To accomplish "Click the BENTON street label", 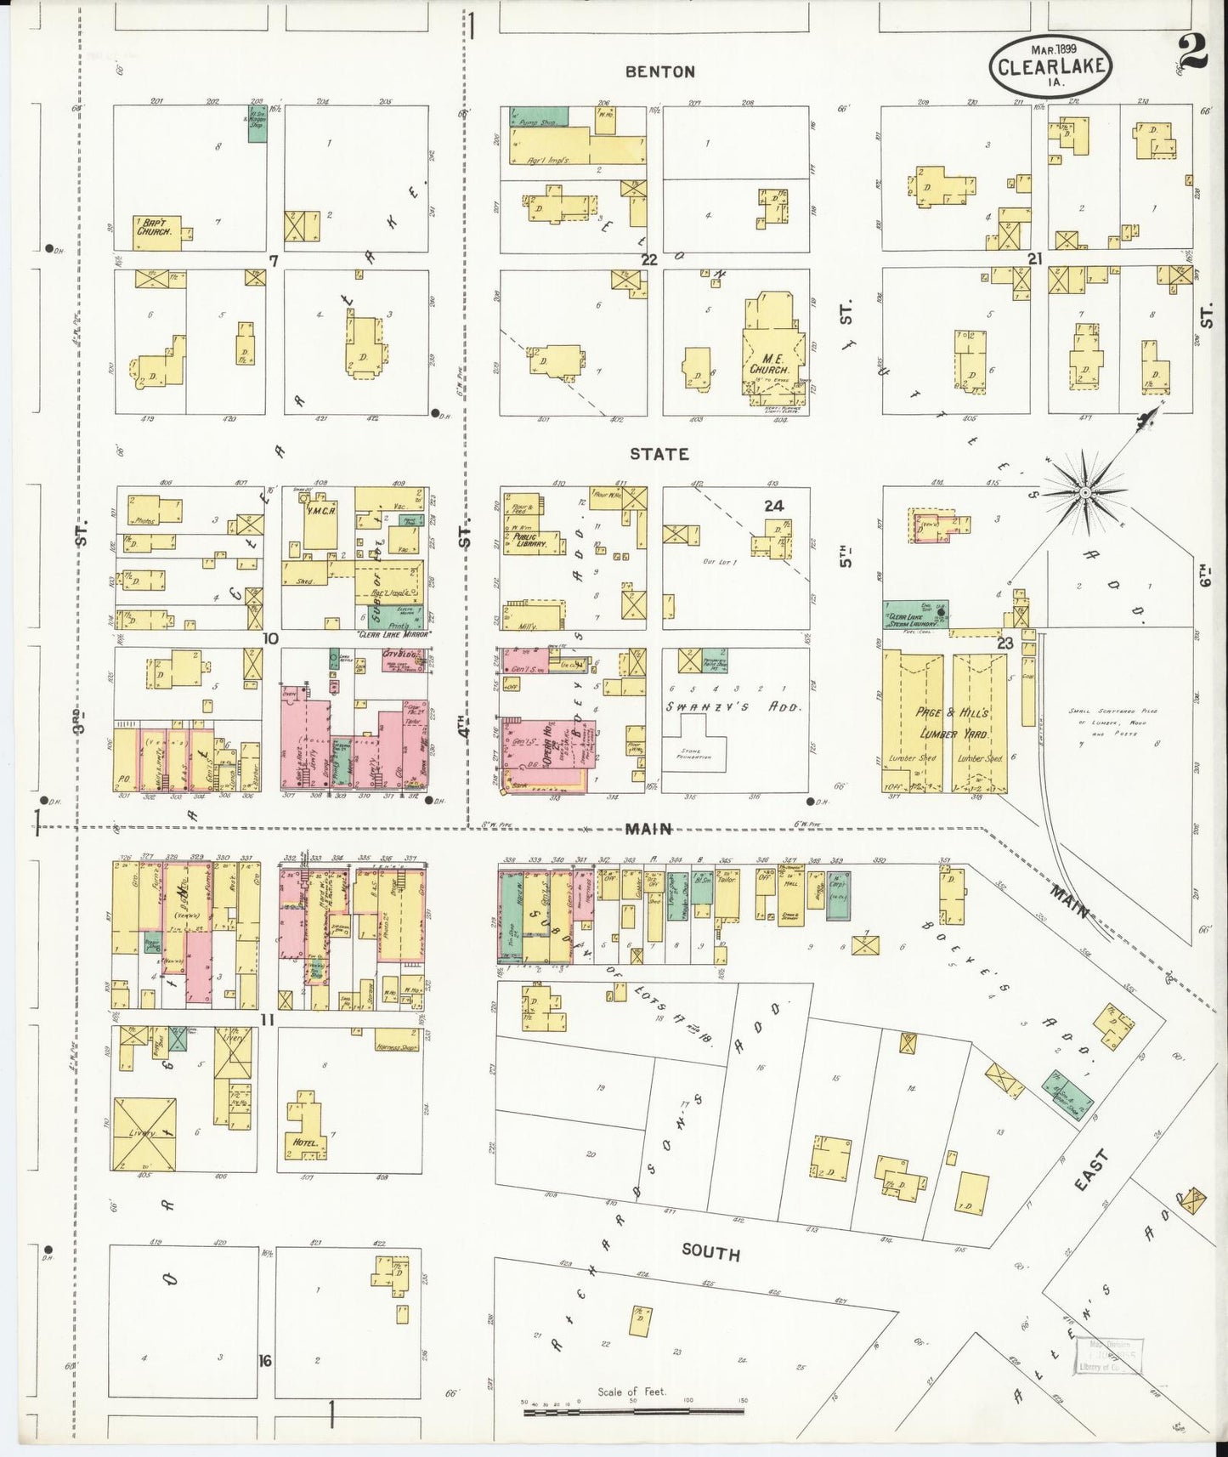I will coord(659,72).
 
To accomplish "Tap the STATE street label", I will coord(659,454).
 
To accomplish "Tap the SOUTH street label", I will coord(710,1254).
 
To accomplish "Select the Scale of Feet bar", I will coord(633,1412).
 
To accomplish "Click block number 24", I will coord(772,506).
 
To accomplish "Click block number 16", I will coord(265,1361).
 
